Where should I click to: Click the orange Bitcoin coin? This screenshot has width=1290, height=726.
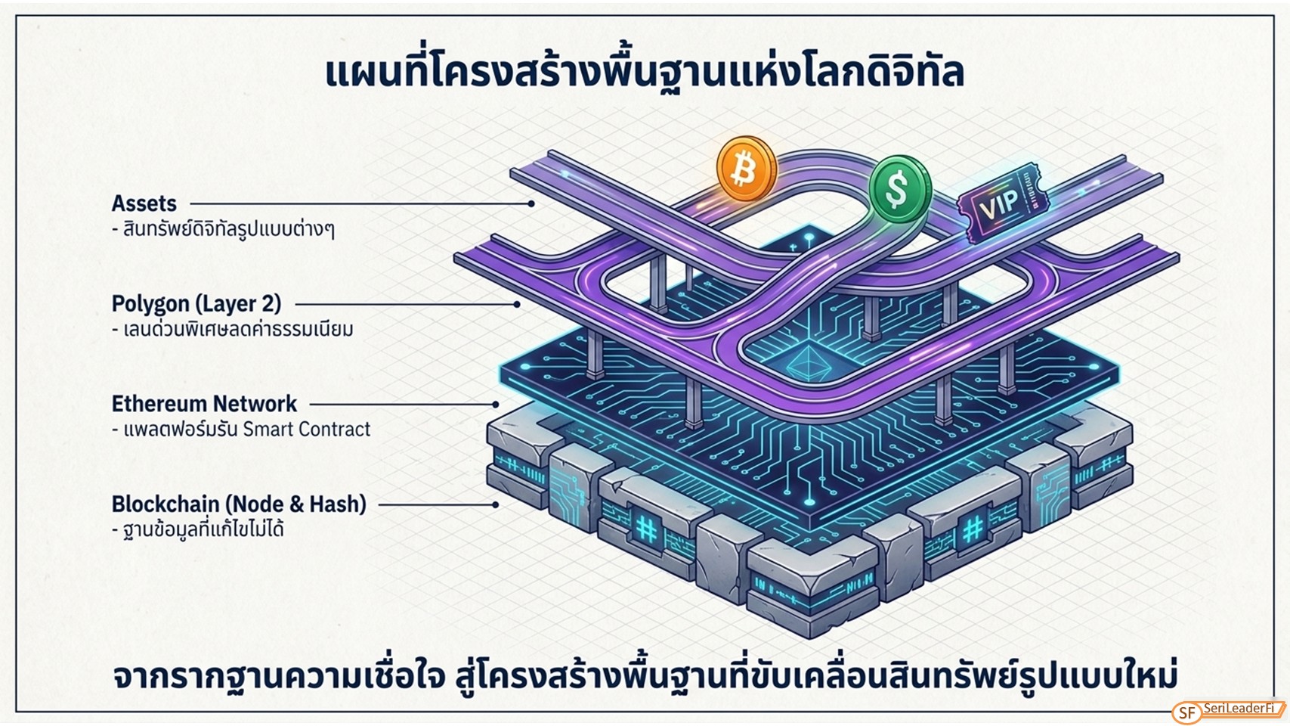pyautogui.click(x=747, y=169)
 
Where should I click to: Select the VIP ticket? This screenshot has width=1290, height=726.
pyautogui.click(x=1003, y=203)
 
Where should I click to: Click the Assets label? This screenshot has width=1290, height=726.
pyautogui.click(x=144, y=203)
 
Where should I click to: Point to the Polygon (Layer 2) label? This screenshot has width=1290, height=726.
pyautogui.click(x=196, y=304)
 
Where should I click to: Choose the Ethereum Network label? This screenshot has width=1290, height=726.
pyautogui.click(x=205, y=404)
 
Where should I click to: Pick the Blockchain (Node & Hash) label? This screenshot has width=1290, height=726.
pyautogui.click(x=239, y=504)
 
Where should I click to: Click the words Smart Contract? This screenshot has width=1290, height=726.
pyautogui.click(x=306, y=430)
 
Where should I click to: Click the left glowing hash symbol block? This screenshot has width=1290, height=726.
pyautogui.click(x=646, y=527)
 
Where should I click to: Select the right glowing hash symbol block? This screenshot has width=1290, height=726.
pyautogui.click(x=973, y=528)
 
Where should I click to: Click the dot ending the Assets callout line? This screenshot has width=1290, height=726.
pyautogui.click(x=531, y=203)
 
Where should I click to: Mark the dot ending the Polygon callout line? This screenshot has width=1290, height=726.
pyautogui.click(x=517, y=304)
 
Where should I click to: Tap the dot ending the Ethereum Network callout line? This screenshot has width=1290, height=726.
pyautogui.click(x=496, y=405)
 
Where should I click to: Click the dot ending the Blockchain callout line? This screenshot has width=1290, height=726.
pyautogui.click(x=496, y=504)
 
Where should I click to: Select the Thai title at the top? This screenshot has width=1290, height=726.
pyautogui.click(x=645, y=72)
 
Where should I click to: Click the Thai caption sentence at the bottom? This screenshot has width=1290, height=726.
pyautogui.click(x=645, y=676)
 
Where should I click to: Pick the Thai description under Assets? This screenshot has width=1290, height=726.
pyautogui.click(x=224, y=229)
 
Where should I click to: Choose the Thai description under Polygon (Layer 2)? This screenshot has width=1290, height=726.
pyautogui.click(x=233, y=330)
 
